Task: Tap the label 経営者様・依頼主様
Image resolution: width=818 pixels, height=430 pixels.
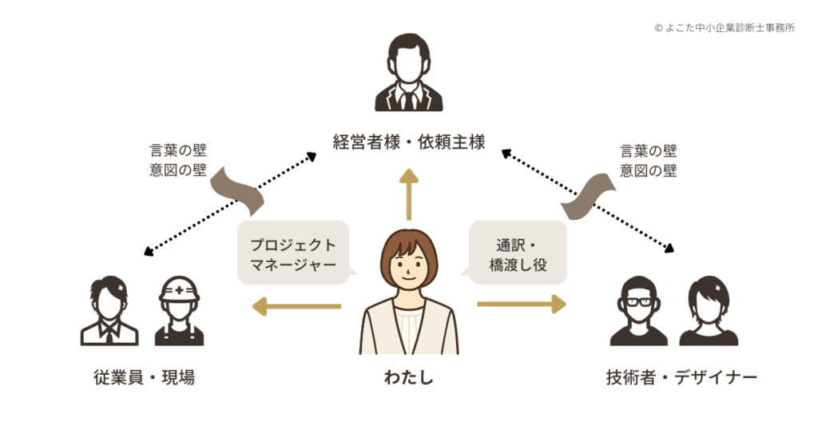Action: point(409,143)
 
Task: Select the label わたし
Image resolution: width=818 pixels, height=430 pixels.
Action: point(409,377)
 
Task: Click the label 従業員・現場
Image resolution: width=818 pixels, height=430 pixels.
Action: point(144,377)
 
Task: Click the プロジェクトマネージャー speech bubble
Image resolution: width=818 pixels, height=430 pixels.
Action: point(293,253)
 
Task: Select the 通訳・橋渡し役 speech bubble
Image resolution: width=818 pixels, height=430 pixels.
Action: point(518,253)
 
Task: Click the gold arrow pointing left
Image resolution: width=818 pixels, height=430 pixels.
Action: point(296,305)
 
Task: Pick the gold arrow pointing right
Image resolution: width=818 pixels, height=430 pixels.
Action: point(521,305)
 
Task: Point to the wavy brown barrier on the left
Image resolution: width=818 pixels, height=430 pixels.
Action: point(236,190)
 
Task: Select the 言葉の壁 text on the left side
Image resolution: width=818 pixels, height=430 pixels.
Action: point(178,150)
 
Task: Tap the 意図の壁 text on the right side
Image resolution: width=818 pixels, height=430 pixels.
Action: point(648,170)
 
